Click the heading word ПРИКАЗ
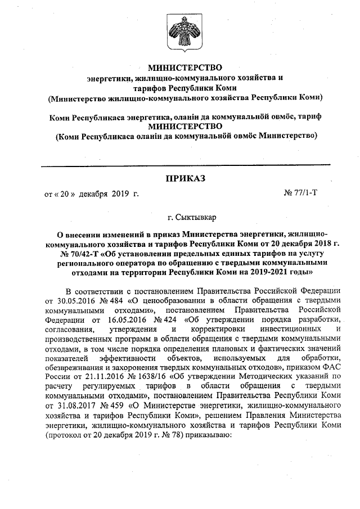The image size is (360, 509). point(185,179)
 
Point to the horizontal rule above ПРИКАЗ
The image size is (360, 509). point(185,164)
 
